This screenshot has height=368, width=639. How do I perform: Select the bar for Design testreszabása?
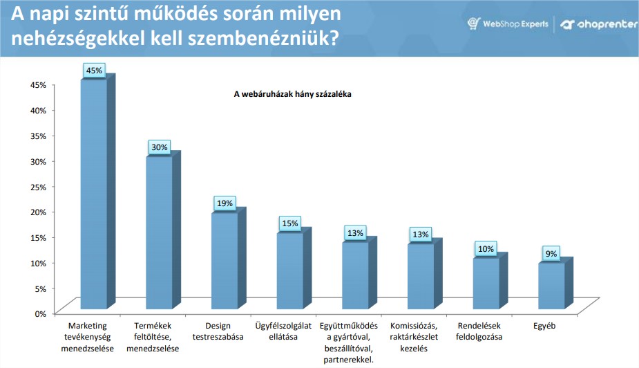pos(229,258)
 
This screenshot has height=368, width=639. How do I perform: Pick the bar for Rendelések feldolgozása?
pos(490,280)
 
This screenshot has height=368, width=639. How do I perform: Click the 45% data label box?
pos(94,71)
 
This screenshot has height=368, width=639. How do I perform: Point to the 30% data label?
pos(160,147)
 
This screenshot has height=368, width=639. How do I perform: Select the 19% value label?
pos(225,203)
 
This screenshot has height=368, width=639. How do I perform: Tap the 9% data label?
pos(551,254)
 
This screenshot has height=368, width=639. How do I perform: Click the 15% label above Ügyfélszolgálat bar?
pos(290,223)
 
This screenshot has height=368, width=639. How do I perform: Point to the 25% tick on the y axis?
pos(38,187)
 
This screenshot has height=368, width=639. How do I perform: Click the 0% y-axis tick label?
pos(40,314)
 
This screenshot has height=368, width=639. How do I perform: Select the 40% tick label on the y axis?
pos(38,111)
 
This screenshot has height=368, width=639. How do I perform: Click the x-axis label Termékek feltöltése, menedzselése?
pos(153,337)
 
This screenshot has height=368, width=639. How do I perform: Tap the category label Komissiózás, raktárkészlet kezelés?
pos(414,337)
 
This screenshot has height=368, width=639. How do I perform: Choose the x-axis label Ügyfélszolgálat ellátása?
pos(283,331)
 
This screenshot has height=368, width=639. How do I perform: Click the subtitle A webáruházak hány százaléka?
pos(293,94)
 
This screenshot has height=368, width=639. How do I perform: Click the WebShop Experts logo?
pos(508,24)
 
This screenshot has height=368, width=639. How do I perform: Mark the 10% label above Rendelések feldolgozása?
pos(486,249)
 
